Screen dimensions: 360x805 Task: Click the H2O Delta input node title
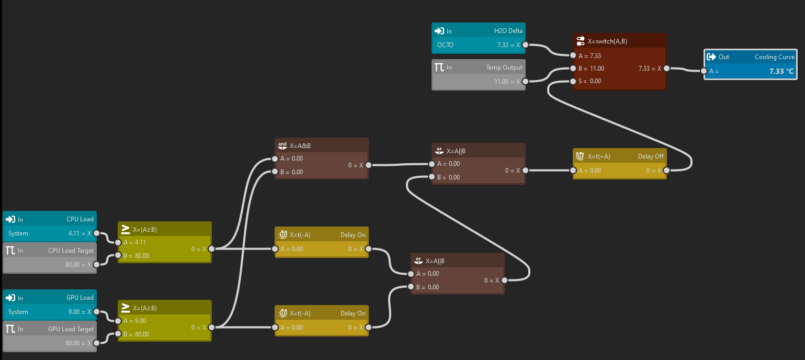point(508,31)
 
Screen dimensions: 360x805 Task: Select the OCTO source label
point(445,45)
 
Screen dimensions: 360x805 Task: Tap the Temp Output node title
point(504,67)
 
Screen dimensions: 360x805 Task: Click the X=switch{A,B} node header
point(607,41)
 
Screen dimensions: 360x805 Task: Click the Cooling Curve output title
point(774,57)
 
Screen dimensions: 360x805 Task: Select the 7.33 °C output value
point(781,71)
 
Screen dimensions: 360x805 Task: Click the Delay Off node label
point(651,156)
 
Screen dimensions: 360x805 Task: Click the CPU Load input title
point(80,219)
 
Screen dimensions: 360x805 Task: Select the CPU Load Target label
point(71,251)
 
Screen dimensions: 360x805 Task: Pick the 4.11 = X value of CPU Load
point(80,233)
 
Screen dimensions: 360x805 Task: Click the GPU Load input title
point(80,298)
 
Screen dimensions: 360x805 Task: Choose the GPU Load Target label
point(71,329)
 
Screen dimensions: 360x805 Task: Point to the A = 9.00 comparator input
point(134,321)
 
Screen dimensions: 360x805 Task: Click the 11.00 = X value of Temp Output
point(507,82)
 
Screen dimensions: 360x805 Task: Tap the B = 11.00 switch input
point(591,69)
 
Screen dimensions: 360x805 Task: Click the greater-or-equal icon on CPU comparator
point(125,229)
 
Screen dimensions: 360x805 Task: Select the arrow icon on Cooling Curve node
point(711,57)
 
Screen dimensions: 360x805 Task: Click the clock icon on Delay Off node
point(580,156)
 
